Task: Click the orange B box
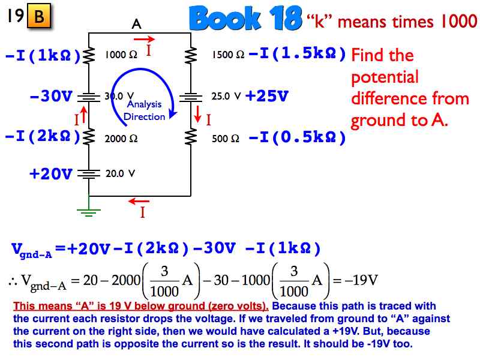39,16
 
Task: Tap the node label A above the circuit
137,24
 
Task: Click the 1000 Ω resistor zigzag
89,55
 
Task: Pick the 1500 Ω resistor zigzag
191,55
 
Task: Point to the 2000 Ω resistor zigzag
89,137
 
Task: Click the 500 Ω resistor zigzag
191,137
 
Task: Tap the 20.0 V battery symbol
89,174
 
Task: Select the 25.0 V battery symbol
191,98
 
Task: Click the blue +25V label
267,96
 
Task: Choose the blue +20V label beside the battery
51,173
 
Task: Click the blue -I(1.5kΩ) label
298,54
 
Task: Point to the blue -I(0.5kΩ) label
298,137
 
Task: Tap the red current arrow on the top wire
144,39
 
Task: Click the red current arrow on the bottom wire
139,201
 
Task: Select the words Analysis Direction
144,110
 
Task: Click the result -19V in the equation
361,280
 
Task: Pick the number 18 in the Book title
286,19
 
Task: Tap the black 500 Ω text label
226,139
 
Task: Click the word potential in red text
385,77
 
